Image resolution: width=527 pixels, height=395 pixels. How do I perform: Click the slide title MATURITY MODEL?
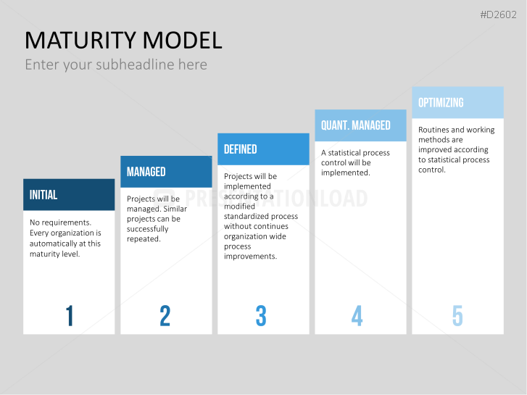point(123,41)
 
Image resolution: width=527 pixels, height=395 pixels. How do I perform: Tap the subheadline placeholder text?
point(116,65)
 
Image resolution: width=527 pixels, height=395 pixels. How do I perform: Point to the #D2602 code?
point(498,14)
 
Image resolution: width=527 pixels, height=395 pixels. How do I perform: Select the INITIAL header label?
point(43,195)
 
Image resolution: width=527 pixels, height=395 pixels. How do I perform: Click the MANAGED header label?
point(146,172)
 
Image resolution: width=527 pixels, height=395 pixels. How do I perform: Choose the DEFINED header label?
point(241,149)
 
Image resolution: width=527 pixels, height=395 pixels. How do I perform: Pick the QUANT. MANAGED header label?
point(356,125)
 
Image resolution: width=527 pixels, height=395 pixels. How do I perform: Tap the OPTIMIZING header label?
point(441,102)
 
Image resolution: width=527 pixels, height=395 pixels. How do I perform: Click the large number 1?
point(70,316)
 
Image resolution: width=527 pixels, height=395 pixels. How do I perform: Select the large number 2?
point(165,316)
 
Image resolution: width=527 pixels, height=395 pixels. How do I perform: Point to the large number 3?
point(261,316)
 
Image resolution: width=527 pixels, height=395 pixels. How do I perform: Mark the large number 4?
point(357,316)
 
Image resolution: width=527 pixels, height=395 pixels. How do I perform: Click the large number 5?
point(457,316)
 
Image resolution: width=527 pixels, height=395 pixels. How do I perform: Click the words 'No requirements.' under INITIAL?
point(60,223)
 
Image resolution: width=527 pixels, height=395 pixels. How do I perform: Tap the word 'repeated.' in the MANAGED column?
point(144,239)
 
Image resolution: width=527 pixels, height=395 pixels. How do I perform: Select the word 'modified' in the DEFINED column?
point(240,206)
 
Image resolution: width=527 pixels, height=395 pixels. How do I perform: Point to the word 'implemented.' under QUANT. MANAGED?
point(346,172)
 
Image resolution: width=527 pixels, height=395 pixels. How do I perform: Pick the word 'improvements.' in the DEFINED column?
point(251,256)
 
